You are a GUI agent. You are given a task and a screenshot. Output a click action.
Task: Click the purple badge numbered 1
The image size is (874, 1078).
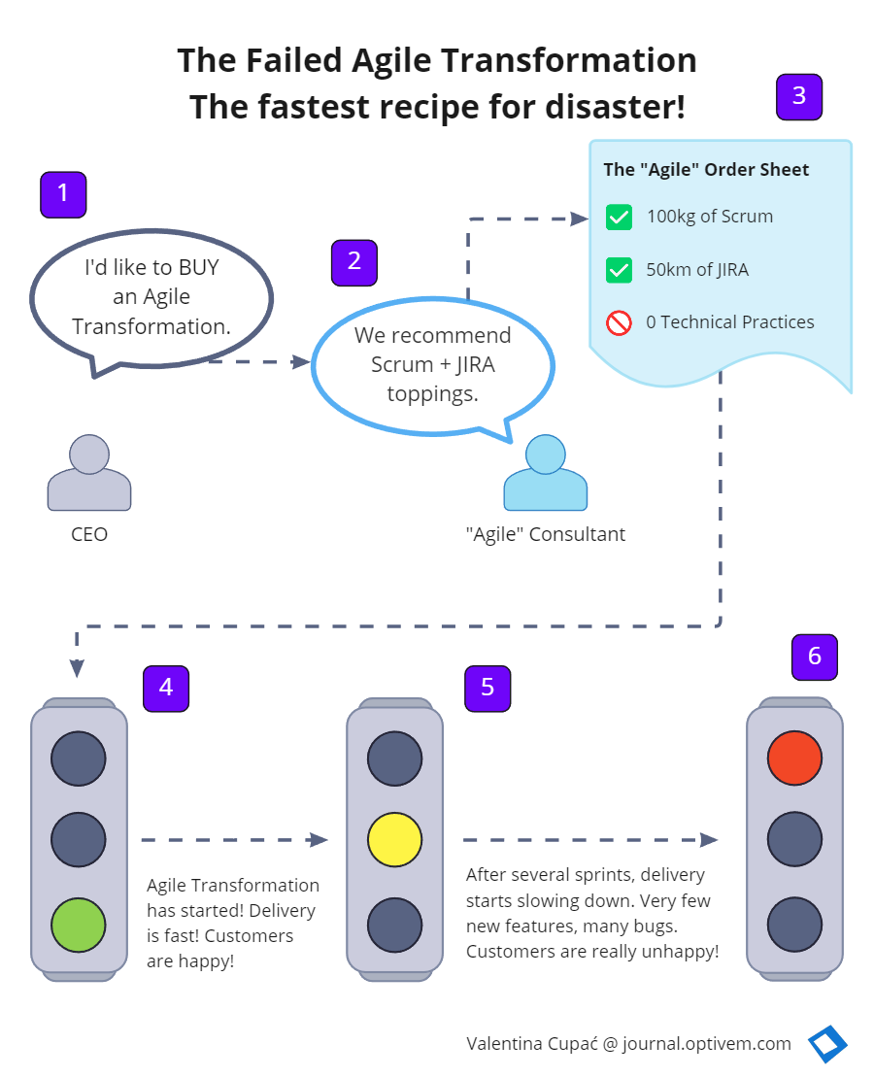pos(63,194)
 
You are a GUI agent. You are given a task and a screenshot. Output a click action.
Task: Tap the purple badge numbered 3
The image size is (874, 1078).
pos(799,96)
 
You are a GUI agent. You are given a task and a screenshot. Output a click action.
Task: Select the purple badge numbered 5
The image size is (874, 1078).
pos(487,688)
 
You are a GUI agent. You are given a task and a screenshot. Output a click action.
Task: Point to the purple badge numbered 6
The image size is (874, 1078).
pos(814,657)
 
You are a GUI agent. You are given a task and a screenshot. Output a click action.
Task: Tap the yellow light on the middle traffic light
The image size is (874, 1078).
pos(395,840)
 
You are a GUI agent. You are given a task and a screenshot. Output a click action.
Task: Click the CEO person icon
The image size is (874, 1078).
pos(89,473)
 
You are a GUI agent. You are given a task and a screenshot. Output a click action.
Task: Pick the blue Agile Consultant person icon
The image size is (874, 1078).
pos(545,473)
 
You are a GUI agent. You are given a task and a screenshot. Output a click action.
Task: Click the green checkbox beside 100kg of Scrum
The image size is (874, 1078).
pos(619,218)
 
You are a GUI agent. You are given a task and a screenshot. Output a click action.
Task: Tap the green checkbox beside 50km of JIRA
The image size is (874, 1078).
pos(619,270)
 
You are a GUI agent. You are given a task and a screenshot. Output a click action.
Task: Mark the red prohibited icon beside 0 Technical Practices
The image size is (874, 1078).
pos(619,322)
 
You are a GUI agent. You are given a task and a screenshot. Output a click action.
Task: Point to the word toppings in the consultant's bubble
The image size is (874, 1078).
pos(432,393)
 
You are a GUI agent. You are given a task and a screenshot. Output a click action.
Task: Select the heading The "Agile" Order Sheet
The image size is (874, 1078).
pos(706,170)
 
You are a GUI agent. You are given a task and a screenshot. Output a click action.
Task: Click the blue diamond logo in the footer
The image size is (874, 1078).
pos(827,1045)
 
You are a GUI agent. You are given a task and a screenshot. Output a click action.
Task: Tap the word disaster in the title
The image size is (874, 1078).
pos(605,107)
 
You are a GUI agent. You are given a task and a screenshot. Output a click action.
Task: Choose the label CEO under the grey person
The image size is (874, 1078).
pos(89,534)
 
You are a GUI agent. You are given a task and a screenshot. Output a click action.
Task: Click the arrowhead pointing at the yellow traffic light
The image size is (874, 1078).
pos(319,840)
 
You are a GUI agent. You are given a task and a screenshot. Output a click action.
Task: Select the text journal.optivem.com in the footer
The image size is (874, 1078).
pos(707,1044)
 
